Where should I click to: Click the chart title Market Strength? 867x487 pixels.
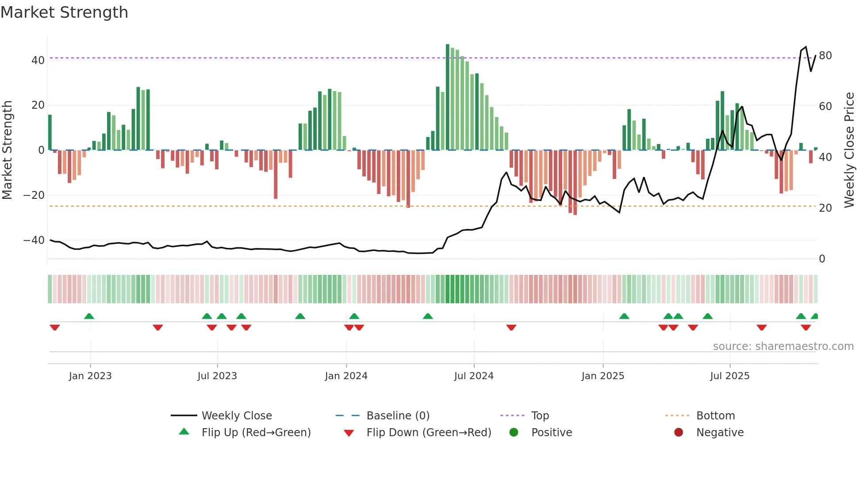click(x=64, y=12)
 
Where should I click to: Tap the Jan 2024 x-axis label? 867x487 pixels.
click(x=346, y=376)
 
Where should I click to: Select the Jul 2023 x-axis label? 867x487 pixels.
click(x=217, y=376)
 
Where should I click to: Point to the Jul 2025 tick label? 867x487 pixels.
click(x=729, y=376)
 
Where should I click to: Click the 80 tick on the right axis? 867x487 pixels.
click(x=825, y=56)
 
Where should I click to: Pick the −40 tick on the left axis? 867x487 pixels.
click(x=34, y=240)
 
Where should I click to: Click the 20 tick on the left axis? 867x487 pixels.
click(x=38, y=105)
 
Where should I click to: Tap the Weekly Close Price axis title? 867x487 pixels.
click(x=849, y=150)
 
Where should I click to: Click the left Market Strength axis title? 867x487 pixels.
click(x=8, y=150)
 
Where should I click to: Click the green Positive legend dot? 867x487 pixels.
click(x=514, y=433)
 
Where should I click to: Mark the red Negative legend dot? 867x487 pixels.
click(x=679, y=433)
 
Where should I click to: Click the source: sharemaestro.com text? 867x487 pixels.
click(x=783, y=346)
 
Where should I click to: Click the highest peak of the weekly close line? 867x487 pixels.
click(x=806, y=47)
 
